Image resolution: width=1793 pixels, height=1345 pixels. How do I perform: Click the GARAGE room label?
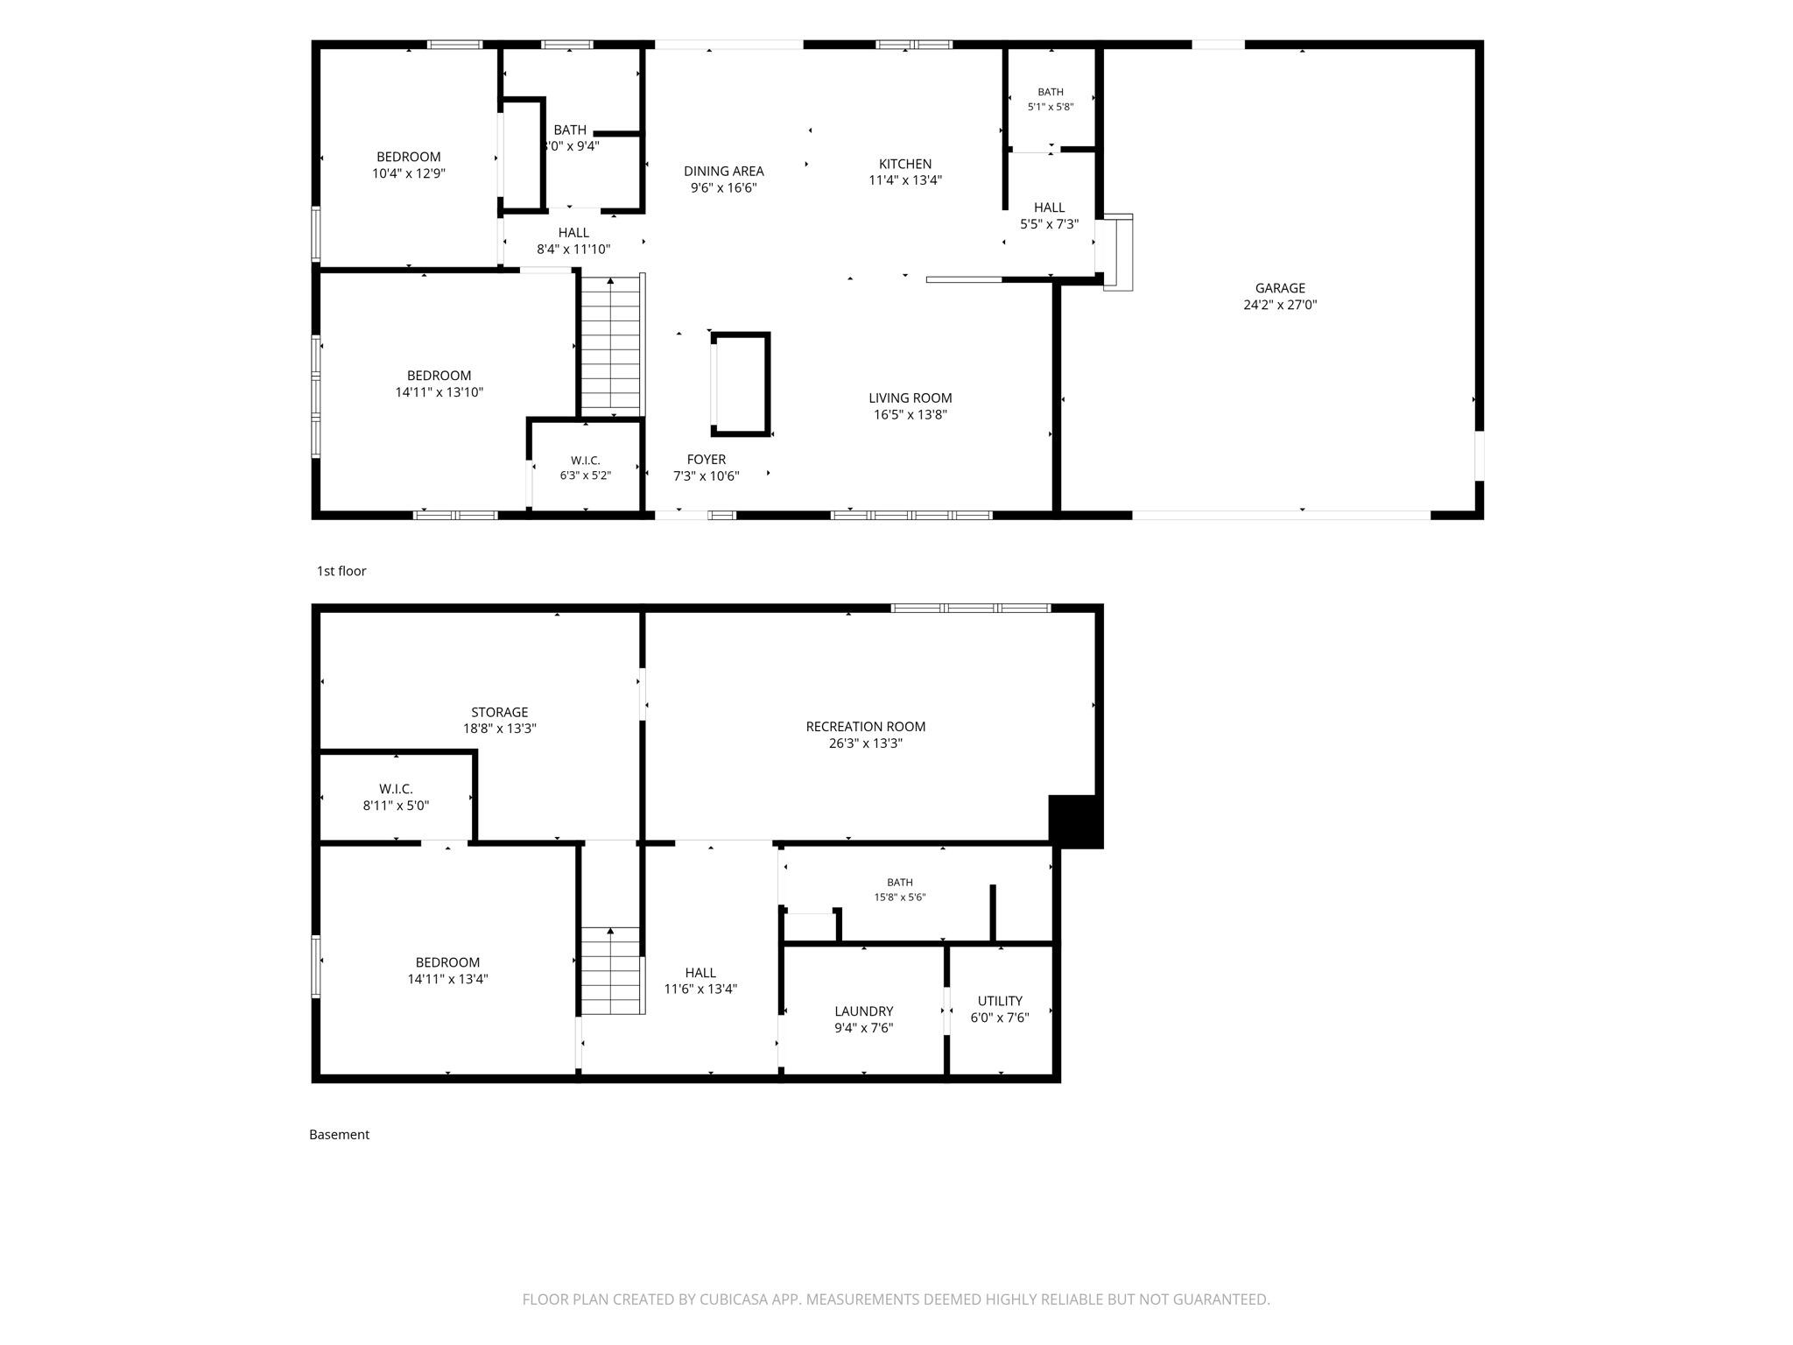tap(1280, 288)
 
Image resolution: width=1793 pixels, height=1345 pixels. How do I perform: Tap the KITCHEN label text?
tap(905, 164)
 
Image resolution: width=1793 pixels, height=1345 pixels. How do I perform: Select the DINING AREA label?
tap(724, 172)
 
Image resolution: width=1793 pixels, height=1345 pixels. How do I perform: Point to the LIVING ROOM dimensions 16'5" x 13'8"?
tap(911, 414)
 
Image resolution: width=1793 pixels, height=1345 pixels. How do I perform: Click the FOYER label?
tap(707, 460)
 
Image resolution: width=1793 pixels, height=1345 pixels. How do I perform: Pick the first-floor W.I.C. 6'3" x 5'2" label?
tap(586, 468)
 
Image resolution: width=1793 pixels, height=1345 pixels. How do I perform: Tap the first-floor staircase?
tap(611, 345)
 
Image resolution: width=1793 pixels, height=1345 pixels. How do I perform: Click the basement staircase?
tap(611, 970)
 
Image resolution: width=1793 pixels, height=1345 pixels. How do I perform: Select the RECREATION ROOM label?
tap(866, 727)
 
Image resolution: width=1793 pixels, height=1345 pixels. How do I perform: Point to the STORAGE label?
tap(500, 713)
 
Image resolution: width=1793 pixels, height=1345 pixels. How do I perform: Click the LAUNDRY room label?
tap(864, 1011)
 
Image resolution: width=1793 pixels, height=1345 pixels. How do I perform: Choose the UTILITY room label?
tap(1000, 1001)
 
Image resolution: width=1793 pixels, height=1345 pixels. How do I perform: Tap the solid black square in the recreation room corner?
tap(1076, 821)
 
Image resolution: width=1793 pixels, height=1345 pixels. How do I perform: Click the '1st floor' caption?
tap(341, 571)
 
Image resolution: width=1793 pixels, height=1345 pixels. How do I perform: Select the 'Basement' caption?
tap(339, 1135)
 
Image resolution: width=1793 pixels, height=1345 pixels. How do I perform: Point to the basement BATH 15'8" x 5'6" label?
tap(899, 890)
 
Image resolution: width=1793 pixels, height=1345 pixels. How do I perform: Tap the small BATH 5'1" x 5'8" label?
tap(1051, 99)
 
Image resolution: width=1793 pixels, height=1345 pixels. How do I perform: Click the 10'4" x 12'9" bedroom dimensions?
tap(409, 173)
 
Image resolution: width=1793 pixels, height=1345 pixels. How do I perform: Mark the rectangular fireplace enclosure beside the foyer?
tap(741, 384)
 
